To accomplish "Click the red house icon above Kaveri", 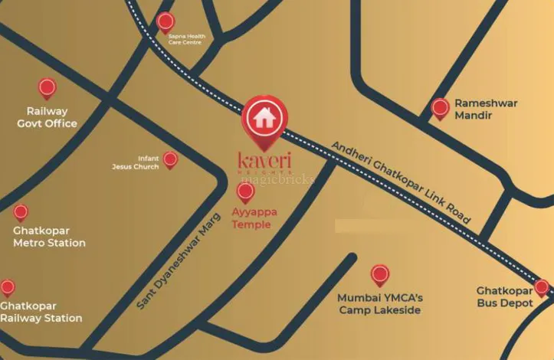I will click(x=264, y=118).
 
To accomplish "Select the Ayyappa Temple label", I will click(x=252, y=219).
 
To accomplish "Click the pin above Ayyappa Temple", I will click(x=245, y=191).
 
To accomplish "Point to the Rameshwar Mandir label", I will click(x=486, y=110).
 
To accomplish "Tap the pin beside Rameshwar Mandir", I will click(x=440, y=108).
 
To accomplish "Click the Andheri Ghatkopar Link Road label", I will click(x=402, y=181).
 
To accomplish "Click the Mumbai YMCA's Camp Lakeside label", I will click(x=379, y=303).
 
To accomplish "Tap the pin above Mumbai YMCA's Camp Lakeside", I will click(x=379, y=274).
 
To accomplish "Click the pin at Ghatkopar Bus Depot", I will click(x=542, y=288).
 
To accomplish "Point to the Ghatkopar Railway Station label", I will click(x=41, y=312).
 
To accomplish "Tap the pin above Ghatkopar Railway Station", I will click(x=8, y=287).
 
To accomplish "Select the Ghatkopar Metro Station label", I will click(x=49, y=237).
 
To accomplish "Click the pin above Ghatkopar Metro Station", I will click(x=21, y=211).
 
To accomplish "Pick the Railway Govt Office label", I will click(x=47, y=117).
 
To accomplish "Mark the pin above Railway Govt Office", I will click(x=47, y=87).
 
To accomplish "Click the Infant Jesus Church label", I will click(x=143, y=162).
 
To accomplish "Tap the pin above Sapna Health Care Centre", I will click(x=165, y=22).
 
